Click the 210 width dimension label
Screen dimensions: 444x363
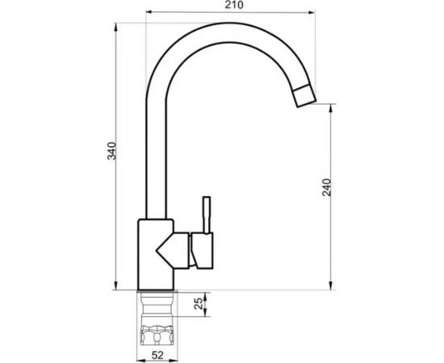tap(234, 5)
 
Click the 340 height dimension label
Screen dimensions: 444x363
tap(111, 151)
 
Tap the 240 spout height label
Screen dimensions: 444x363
tap(326, 187)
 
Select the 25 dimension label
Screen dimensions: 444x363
tap(199, 303)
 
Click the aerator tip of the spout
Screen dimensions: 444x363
tap(304, 96)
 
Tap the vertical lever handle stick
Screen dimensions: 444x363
tap(207, 215)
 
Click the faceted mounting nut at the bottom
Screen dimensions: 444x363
tap(157, 335)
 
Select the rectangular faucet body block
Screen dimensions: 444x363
tap(156, 255)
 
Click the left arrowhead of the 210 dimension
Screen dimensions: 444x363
tap(149, 12)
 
